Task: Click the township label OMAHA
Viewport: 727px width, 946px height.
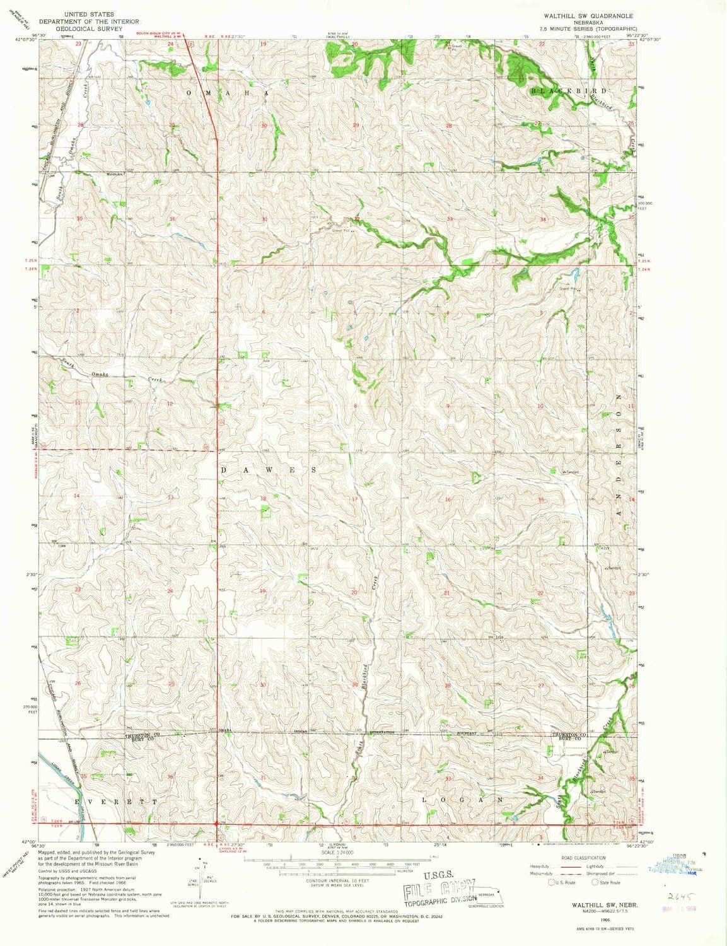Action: (228, 93)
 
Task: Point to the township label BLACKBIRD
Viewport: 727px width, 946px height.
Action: (560, 91)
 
